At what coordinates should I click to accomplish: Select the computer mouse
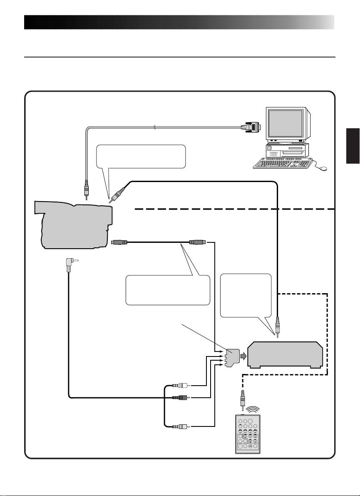[x=322, y=168]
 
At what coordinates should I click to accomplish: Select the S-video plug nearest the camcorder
[x=121, y=242]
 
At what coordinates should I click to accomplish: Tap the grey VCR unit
[x=285, y=355]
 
